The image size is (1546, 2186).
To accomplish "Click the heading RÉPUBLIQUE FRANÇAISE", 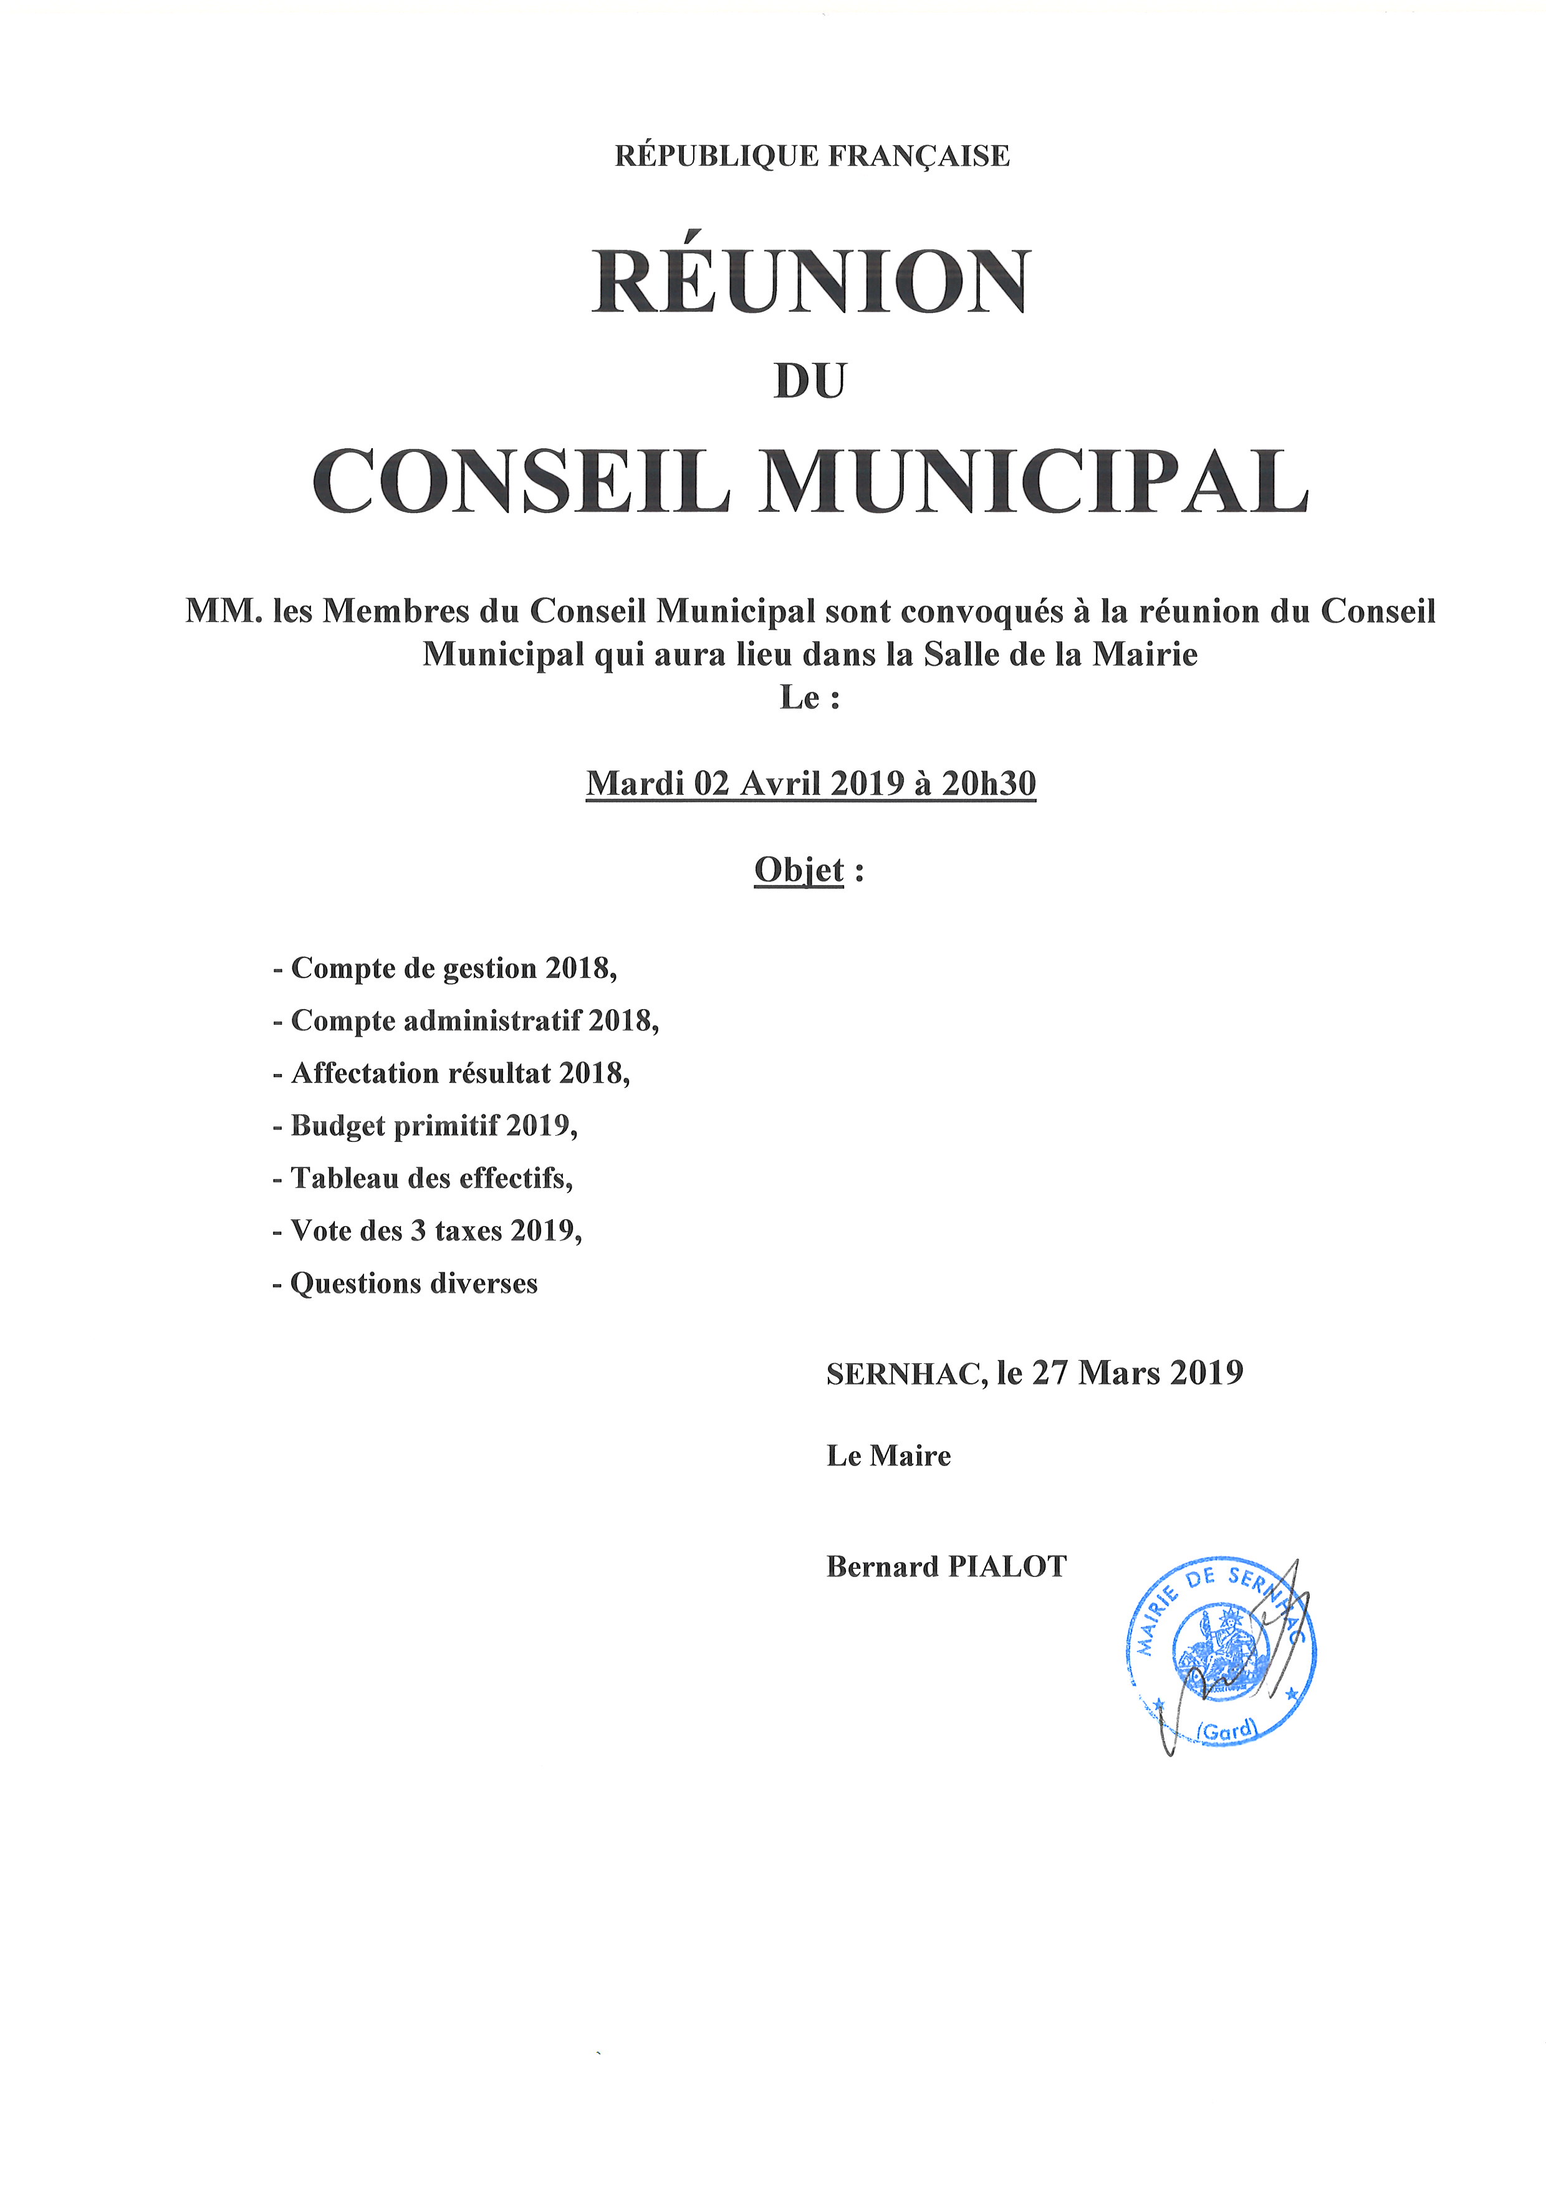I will point(812,155).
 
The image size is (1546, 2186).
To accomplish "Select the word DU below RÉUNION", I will point(810,381).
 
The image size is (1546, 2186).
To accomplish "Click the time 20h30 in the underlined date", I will point(988,783).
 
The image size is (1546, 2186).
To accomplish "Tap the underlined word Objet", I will point(799,870).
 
